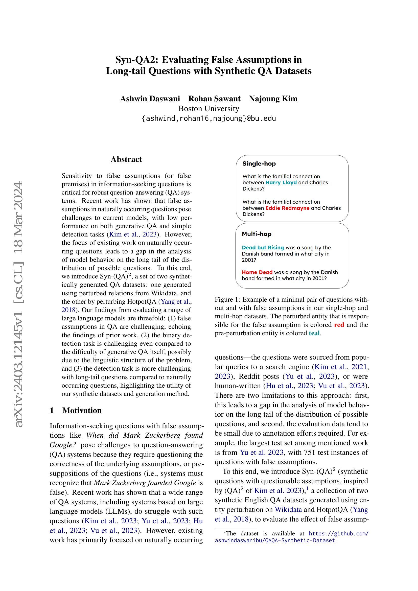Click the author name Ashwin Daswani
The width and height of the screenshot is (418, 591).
click(150, 99)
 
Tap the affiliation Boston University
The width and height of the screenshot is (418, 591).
click(209, 109)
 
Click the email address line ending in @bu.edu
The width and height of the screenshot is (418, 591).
click(209, 119)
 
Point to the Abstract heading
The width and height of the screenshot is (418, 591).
click(126, 159)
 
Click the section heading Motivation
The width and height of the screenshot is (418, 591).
click(82, 410)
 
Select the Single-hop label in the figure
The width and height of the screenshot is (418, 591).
click(259, 164)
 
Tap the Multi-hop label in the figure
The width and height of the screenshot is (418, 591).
click(257, 234)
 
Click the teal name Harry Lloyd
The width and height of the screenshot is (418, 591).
click(281, 182)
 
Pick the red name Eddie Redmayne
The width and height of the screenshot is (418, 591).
click(287, 208)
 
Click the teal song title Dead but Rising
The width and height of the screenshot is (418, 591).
click(263, 248)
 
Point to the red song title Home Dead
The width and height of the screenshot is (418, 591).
click(257, 272)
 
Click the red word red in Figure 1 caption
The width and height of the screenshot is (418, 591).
click(339, 325)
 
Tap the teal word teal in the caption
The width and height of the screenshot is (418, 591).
click(314, 333)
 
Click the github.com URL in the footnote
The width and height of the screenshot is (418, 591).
click(338, 534)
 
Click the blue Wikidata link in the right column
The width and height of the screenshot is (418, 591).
click(288, 510)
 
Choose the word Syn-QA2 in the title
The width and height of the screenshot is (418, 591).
click(136, 60)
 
